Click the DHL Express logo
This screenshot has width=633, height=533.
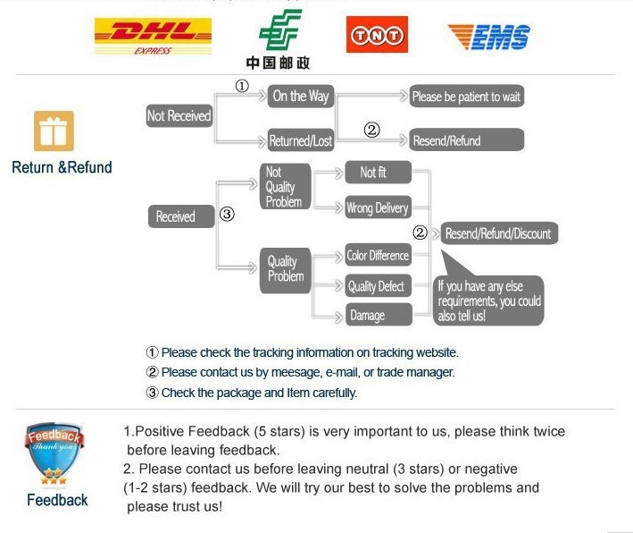(153, 36)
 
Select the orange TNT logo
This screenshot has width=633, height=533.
(377, 35)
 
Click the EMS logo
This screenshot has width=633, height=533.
(488, 36)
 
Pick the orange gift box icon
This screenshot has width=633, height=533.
(54, 131)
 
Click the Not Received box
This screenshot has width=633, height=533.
(179, 115)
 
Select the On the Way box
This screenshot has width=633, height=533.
(301, 96)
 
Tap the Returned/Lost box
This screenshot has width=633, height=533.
(301, 140)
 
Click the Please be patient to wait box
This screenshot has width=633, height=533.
(466, 96)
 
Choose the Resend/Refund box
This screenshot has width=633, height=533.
(466, 140)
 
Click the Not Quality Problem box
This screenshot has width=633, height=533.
(283, 187)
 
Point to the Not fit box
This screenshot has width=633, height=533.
(378, 172)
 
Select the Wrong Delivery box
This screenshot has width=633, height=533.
(378, 208)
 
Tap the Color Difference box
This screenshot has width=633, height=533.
(378, 255)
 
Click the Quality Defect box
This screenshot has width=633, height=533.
(378, 286)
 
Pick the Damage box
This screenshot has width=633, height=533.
(378, 315)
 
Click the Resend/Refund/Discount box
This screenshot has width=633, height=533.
(498, 233)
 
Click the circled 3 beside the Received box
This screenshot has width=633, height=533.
(227, 215)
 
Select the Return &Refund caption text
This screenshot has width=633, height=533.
(62, 167)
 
